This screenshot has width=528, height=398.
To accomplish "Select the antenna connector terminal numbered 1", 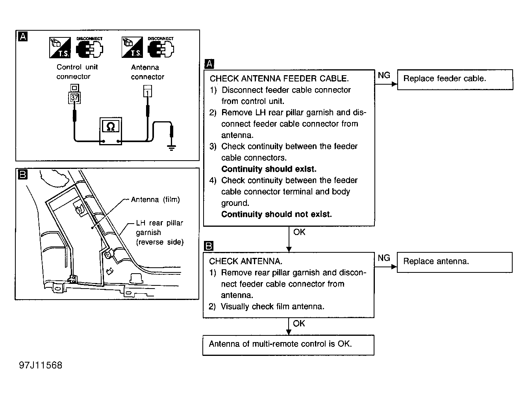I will pyautogui.click(x=147, y=93).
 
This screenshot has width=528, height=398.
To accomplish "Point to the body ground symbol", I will pyautogui.click(x=171, y=148).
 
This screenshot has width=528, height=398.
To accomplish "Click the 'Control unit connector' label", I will pyautogui.click(x=77, y=72).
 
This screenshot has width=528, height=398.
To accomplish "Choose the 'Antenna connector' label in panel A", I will pyautogui.click(x=147, y=72).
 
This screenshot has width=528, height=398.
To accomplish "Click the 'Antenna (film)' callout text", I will pyautogui.click(x=155, y=200).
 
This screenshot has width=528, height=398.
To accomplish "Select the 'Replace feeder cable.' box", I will pyautogui.click(x=455, y=79).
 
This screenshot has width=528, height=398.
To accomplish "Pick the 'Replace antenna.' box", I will pyautogui.click(x=454, y=262).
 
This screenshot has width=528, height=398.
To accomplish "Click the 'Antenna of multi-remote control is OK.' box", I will pyautogui.click(x=288, y=344).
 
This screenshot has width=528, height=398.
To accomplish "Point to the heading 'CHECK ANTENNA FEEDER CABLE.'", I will pyautogui.click(x=279, y=79).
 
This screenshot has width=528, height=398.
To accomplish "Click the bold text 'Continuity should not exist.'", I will pyautogui.click(x=276, y=215).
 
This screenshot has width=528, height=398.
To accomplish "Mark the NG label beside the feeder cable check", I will pyautogui.click(x=384, y=75).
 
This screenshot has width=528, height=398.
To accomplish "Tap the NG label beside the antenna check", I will pyautogui.click(x=384, y=258).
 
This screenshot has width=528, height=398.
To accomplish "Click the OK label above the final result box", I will pyautogui.click(x=299, y=324).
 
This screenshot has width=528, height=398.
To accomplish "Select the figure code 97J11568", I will pyautogui.click(x=41, y=365).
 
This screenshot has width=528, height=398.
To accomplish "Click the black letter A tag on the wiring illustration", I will pyautogui.click(x=23, y=37).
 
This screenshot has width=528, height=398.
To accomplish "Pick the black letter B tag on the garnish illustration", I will pyautogui.click(x=23, y=174).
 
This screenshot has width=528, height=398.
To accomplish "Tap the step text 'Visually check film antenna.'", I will pyautogui.click(x=272, y=307).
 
